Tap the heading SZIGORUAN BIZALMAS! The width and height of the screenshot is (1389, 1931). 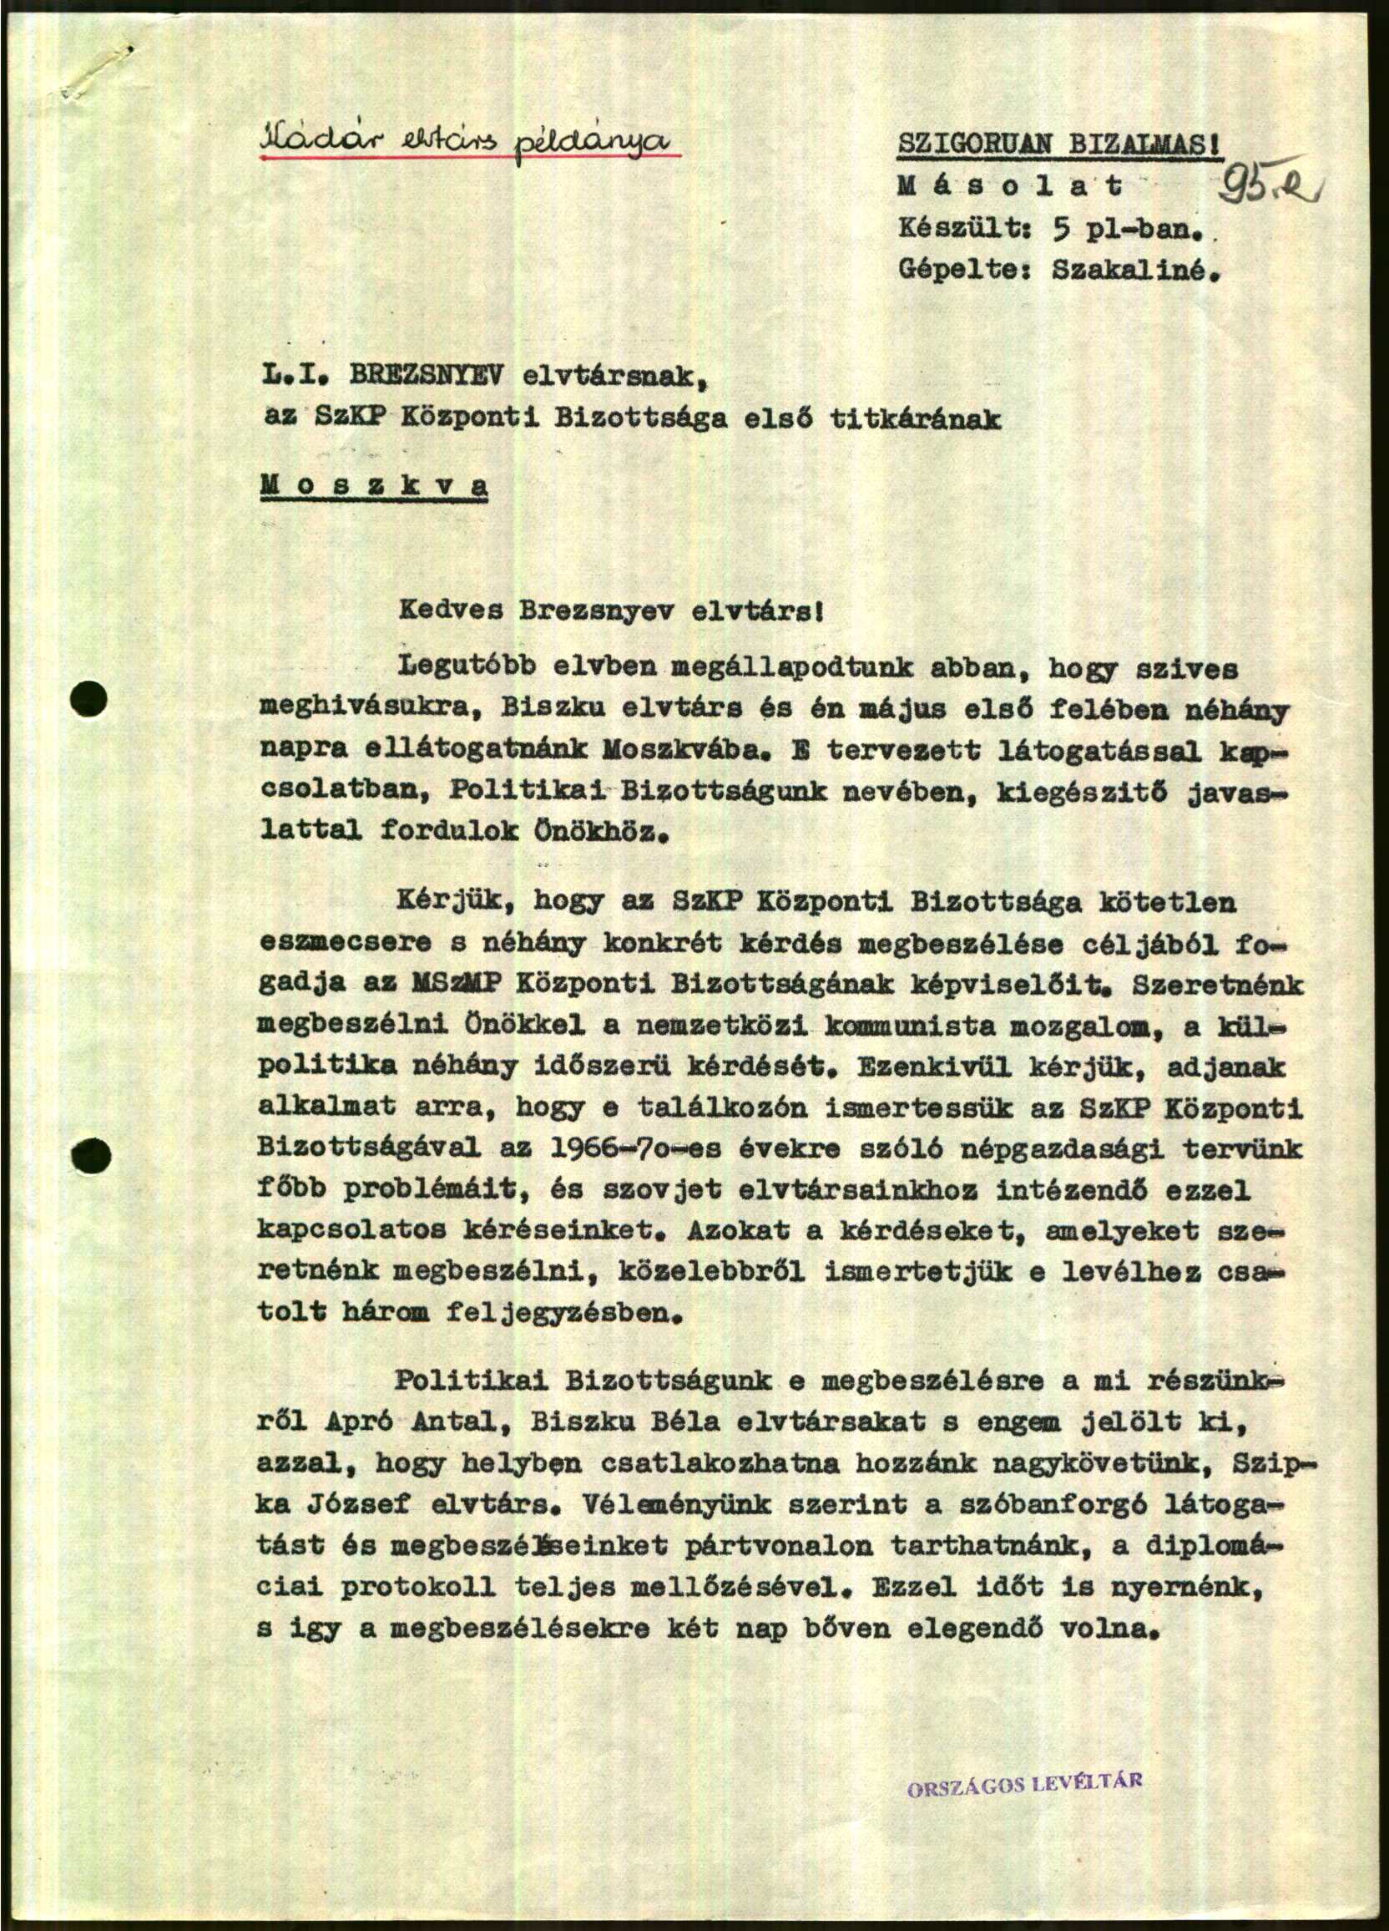click(x=1059, y=144)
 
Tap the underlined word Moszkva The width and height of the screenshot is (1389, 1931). click(x=374, y=485)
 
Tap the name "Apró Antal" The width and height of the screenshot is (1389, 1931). click(x=421, y=1421)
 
